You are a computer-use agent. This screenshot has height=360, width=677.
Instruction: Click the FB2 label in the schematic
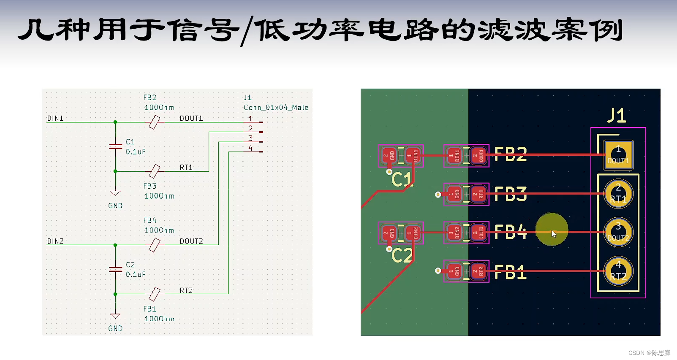(150, 97)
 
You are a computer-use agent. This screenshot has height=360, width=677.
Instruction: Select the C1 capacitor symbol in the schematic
(115, 146)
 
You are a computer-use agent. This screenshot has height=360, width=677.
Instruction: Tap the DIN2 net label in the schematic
(55, 241)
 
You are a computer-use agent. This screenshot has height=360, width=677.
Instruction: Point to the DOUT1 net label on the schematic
(191, 119)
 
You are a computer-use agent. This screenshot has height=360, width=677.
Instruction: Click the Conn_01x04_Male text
(276, 108)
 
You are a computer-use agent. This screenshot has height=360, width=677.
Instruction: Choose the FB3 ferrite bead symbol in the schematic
(155, 171)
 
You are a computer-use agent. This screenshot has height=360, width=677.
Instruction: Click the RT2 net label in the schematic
(186, 290)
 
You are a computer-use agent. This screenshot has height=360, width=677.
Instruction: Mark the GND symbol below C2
(115, 317)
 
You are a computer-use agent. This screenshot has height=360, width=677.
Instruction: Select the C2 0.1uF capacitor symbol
(115, 269)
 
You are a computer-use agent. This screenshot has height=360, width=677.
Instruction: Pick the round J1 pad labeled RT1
(618, 194)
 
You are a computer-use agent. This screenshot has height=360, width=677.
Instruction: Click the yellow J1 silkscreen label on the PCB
(617, 115)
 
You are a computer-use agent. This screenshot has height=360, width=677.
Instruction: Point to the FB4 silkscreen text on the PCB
(511, 232)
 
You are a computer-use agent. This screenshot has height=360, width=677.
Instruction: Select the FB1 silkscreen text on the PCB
(511, 273)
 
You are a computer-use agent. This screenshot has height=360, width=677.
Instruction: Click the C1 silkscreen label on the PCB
(401, 180)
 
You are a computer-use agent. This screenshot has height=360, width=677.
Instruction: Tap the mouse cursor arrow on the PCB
(554, 234)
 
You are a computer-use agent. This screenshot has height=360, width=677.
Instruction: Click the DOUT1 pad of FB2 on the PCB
(478, 156)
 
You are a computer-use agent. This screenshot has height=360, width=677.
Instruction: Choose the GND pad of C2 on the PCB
(389, 233)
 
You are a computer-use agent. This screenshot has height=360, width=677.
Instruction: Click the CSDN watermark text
(649, 353)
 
